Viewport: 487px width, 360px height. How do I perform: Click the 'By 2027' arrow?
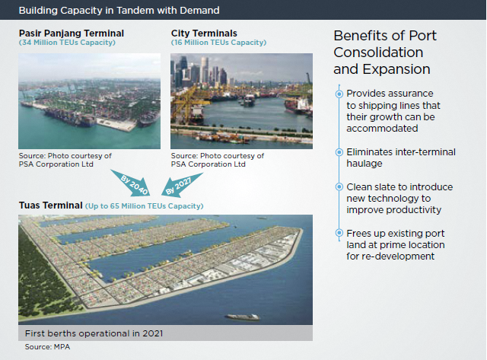tap(181, 184)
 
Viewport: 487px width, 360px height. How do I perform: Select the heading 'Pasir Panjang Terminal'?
tap(72, 33)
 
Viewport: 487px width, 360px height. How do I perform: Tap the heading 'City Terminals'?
tap(204, 33)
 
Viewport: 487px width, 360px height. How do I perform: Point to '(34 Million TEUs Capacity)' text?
tap(67, 43)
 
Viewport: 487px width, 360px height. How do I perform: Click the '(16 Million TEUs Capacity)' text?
tap(218, 43)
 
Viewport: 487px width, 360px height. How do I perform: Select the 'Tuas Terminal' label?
tap(51, 205)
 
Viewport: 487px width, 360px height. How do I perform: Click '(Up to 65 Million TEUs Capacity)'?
tap(145, 206)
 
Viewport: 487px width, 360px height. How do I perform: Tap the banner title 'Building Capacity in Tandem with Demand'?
tap(119, 10)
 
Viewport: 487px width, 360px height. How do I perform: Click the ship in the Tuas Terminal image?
tap(243, 317)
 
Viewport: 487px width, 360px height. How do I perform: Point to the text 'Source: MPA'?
tap(47, 346)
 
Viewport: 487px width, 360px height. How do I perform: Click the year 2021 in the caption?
tap(152, 333)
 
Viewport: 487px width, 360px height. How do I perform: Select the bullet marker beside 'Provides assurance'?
tap(339, 94)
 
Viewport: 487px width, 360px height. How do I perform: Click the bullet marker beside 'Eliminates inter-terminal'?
tap(339, 152)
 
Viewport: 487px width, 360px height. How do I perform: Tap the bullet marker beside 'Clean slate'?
tap(339, 187)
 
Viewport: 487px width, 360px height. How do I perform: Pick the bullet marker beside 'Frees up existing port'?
tap(339, 233)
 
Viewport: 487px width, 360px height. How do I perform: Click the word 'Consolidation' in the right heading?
tap(378, 53)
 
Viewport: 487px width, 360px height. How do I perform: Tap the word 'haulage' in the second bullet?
tap(364, 164)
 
